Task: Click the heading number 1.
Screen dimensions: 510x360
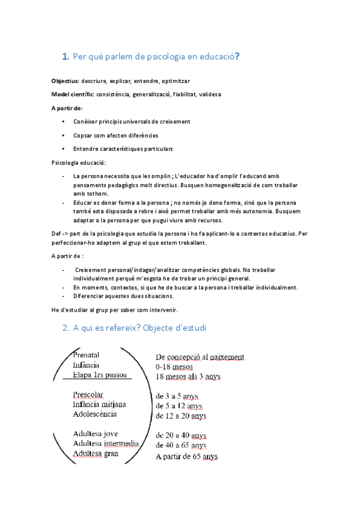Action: coord(65,57)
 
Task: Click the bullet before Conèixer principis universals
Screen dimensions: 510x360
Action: coord(64,121)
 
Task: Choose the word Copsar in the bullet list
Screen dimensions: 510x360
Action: coord(83,135)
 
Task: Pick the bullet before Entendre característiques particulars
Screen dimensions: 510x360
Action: coord(64,149)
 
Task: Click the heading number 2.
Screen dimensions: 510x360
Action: coord(66,329)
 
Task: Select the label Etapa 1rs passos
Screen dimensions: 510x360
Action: coord(100,375)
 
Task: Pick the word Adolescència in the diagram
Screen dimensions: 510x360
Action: coord(94,414)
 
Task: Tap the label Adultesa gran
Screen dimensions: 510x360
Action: coord(95,453)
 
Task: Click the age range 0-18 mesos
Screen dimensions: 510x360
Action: coord(177,366)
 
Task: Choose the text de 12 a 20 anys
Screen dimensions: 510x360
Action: coord(181,416)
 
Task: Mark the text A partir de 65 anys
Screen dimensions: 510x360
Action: coord(186,456)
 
